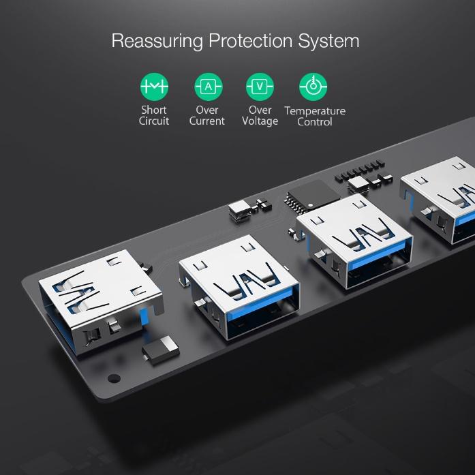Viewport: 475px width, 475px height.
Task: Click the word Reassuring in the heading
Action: pos(157,41)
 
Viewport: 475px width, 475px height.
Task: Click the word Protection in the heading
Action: pos(250,40)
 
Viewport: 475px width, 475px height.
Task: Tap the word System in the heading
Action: pos(328,41)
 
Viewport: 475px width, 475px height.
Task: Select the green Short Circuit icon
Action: pos(154,87)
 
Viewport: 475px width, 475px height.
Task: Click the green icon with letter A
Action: pos(209,87)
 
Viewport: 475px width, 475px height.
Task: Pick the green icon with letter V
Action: pos(260,87)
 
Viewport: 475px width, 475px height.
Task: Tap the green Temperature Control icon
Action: pos(313,87)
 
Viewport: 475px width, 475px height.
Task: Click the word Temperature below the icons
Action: pos(315,111)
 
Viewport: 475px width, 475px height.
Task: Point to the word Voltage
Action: pos(260,121)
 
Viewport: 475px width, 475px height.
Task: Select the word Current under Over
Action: pos(207,121)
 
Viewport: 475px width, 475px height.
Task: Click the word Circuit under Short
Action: pos(154,121)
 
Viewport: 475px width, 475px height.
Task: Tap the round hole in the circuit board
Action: pos(114,378)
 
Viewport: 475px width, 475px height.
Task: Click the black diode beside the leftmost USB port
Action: pos(161,350)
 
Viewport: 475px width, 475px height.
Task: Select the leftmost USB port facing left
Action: pos(100,301)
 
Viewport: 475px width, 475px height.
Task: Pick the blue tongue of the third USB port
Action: pos(377,255)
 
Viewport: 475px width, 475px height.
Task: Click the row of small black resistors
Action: pos(360,171)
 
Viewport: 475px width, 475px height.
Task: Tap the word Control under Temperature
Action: pos(314,122)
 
